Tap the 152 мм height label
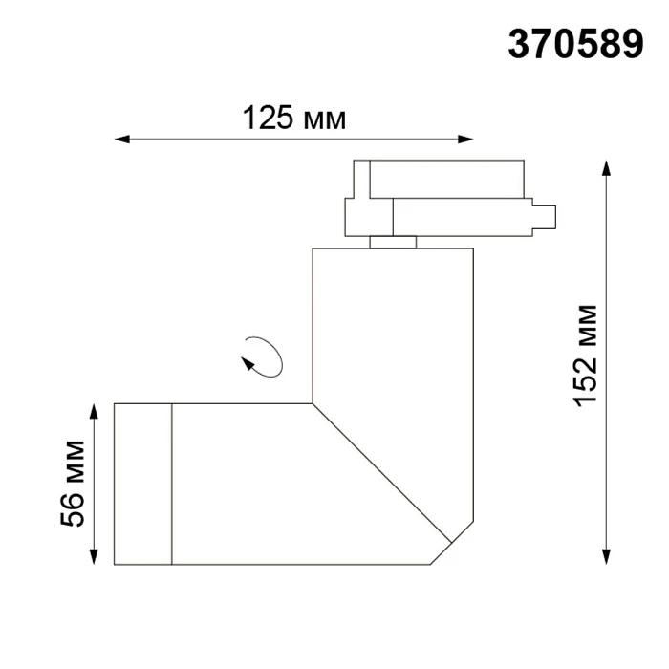tap(586, 355)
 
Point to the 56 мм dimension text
tap(74, 484)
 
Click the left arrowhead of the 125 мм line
tap(120, 140)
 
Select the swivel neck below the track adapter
tap(392, 241)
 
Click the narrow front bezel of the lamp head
tap(142, 484)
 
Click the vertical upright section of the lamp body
tap(393, 325)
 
